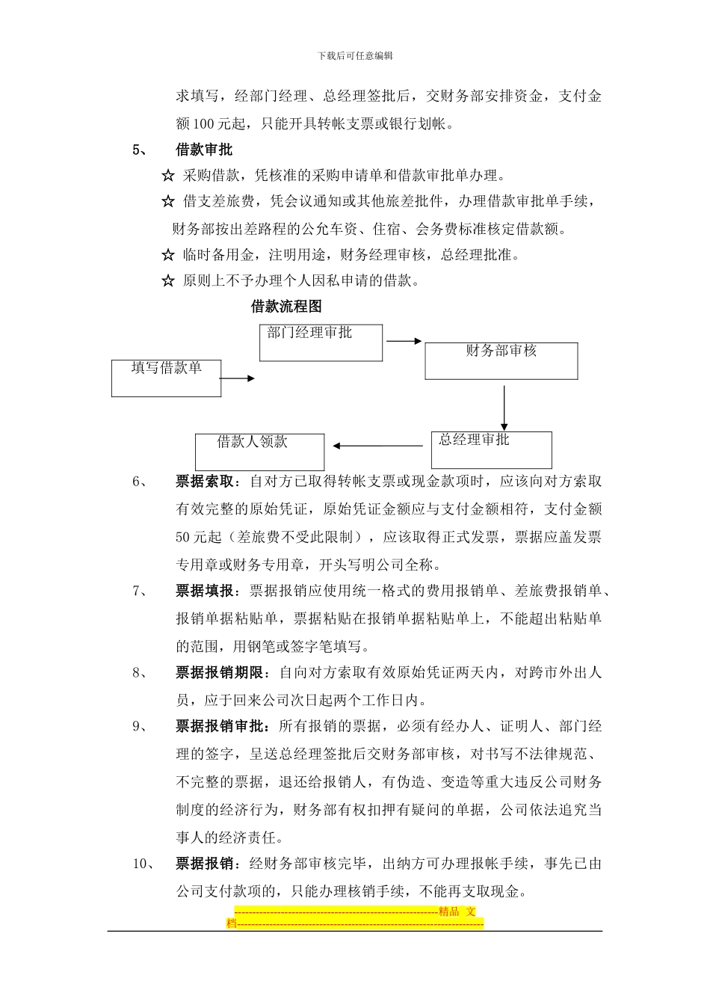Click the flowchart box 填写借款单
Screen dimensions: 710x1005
pos(166,378)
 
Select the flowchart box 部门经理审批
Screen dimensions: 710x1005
pos(321,342)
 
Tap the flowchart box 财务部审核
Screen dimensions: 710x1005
pos(501,360)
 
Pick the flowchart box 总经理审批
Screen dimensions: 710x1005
pos(491,449)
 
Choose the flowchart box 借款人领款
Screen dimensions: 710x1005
pos(259,452)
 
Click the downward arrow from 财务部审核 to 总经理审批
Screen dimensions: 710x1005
pos(504,407)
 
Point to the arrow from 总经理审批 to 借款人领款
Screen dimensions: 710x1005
pos(377,446)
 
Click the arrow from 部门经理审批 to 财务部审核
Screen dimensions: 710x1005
pos(404,342)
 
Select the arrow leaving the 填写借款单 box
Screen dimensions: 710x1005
pos(238,378)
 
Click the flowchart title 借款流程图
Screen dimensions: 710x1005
pos(286,307)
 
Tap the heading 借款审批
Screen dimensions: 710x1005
pos(204,150)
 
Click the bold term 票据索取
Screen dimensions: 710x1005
pos(205,482)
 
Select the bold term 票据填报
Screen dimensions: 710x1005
pos(205,591)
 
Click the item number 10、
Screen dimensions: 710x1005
pos(143,864)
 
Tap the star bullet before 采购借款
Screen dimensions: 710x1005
pos(168,176)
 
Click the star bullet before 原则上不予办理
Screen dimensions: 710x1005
pos(168,282)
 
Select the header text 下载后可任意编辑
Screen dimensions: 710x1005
pos(355,55)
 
